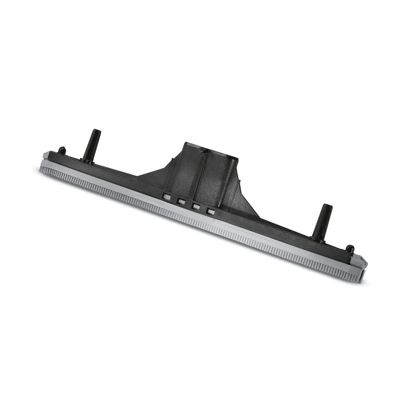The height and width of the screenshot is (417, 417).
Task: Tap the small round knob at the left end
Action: pos(62,151)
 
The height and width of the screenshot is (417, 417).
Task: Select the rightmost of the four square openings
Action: pos(211,211)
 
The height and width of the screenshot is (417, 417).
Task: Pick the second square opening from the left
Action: pos(182,201)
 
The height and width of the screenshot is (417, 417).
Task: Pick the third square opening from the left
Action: pos(197,206)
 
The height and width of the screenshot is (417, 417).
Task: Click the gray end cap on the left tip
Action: pos(46,156)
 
